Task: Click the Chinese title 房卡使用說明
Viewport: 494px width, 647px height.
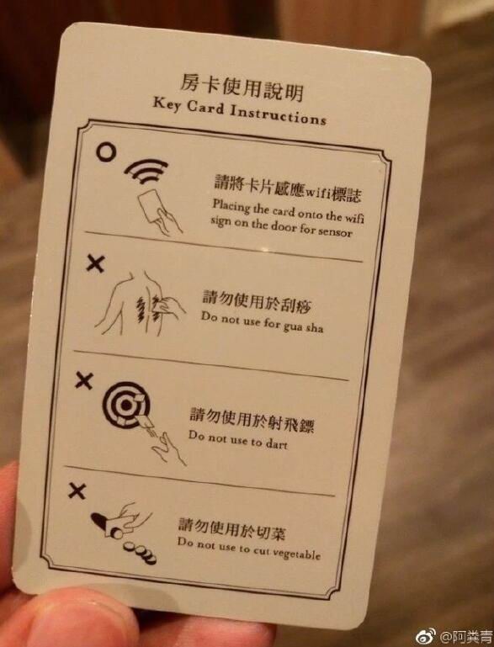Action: coord(241,87)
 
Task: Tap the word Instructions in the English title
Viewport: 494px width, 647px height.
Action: coord(278,114)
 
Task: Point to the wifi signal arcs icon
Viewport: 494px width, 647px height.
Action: coord(146,171)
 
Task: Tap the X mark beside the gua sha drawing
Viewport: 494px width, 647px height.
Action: coord(95,263)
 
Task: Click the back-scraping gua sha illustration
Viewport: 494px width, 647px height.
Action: coord(141,303)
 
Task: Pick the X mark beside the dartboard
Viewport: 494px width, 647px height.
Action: coord(84,380)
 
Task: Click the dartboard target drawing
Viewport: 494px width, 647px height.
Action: coord(125,405)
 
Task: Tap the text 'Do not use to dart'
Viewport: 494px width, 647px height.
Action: coord(237,439)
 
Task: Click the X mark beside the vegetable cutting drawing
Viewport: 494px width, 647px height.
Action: coord(77,491)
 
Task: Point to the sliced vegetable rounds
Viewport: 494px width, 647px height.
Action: coord(141,553)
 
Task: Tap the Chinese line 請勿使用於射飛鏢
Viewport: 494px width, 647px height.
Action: coord(252,420)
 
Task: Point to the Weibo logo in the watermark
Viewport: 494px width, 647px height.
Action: coord(426,636)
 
